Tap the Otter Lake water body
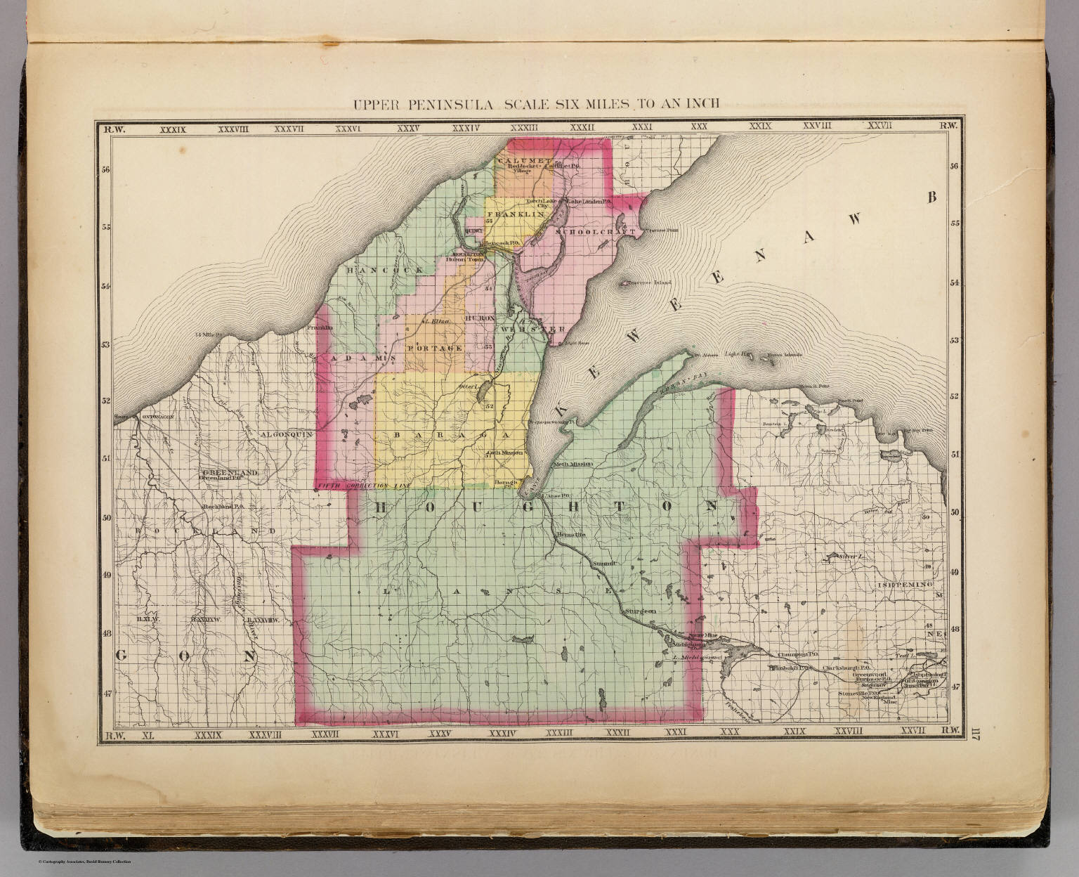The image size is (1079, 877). pos(484,395)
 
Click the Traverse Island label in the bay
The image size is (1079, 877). pos(644,283)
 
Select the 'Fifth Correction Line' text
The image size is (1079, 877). pos(362,486)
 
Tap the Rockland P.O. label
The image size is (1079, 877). pos(223,506)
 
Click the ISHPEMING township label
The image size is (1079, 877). pos(903,585)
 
